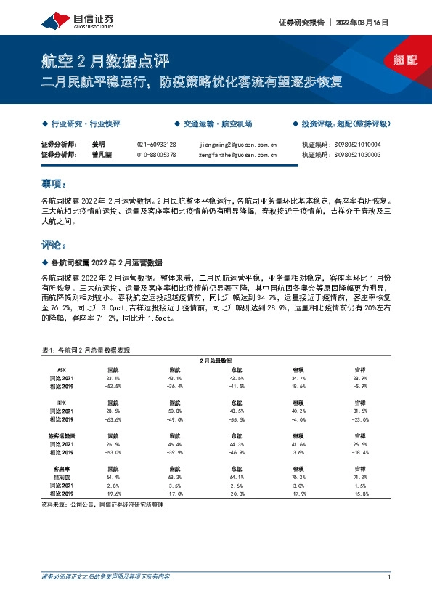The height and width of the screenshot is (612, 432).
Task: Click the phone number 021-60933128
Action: click(x=156, y=145)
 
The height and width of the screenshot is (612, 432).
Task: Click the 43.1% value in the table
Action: click(x=175, y=378)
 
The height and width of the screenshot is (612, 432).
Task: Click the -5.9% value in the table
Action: click(x=359, y=386)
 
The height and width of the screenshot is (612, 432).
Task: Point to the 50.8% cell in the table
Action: click(x=175, y=411)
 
